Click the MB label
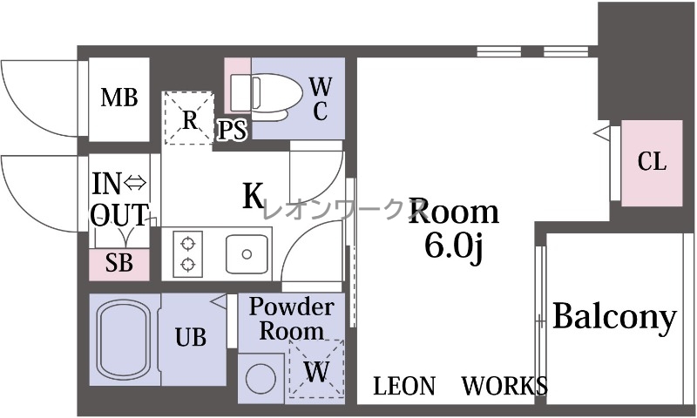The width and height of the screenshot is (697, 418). [119, 98]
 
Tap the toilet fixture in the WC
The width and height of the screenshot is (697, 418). [266, 96]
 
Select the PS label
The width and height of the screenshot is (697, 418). [232, 131]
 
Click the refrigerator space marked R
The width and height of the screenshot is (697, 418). [189, 118]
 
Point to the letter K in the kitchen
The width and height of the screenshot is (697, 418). [254, 195]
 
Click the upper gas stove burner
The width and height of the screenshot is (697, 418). [188, 244]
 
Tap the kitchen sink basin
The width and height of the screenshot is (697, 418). [247, 254]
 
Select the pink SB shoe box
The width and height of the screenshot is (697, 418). [119, 265]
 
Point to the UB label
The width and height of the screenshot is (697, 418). [191, 337]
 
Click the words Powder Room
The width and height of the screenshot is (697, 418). [292, 319]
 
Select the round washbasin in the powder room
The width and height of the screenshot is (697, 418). [261, 379]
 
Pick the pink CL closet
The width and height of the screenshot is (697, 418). [652, 163]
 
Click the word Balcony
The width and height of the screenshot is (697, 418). [615, 318]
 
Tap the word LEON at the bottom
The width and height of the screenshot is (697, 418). [404, 386]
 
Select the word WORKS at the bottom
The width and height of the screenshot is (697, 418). [504, 386]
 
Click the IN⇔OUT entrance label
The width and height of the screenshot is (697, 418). [119, 199]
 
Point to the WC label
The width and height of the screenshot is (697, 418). [321, 99]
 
